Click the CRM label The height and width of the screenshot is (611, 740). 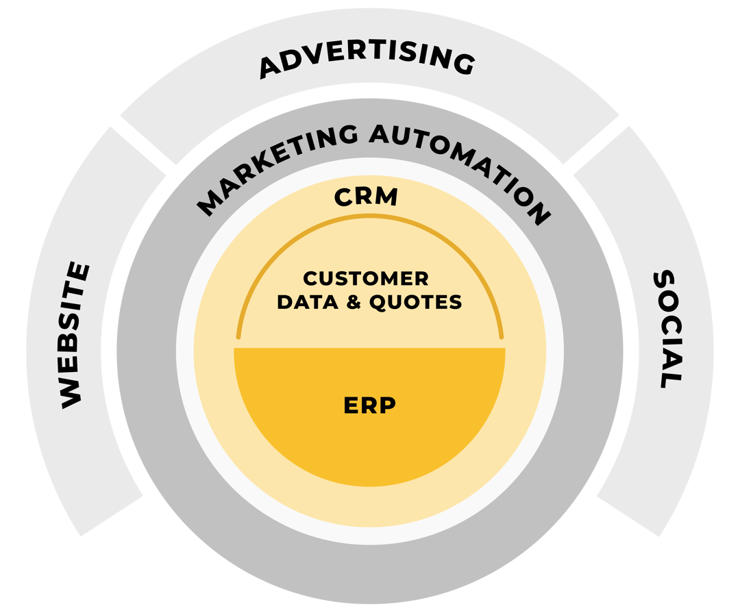point(366,197)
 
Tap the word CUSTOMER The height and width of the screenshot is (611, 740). point(366,279)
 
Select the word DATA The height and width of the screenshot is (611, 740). point(306,302)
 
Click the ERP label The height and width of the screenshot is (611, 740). point(369,406)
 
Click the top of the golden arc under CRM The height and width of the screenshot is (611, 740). point(369,218)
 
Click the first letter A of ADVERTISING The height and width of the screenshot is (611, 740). point(272,67)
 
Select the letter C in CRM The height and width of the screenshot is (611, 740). point(344,197)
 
